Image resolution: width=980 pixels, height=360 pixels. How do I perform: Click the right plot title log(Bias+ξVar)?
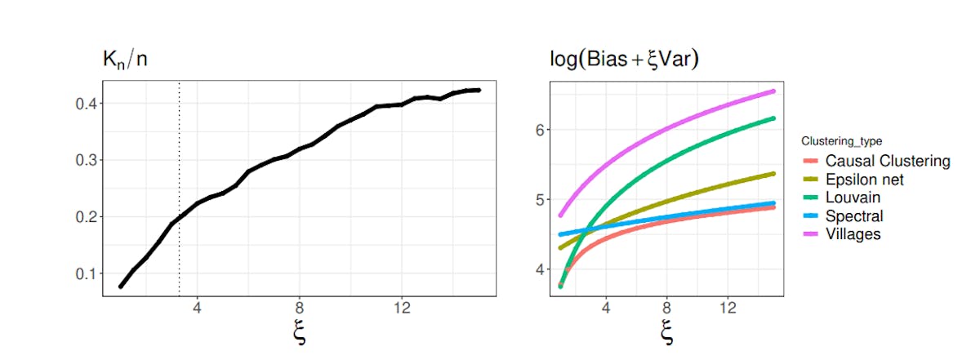point(626,59)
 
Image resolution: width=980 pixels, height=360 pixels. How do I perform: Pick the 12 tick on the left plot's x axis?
point(401,309)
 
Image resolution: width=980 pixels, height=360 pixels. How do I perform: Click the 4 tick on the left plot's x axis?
point(198,309)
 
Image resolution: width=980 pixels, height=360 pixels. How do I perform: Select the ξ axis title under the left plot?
point(299,334)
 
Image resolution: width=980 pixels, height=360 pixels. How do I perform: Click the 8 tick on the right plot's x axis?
point(667,309)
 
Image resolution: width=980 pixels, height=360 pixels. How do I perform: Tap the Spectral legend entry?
point(853,216)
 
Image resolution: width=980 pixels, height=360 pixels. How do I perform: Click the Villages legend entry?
point(853,234)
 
